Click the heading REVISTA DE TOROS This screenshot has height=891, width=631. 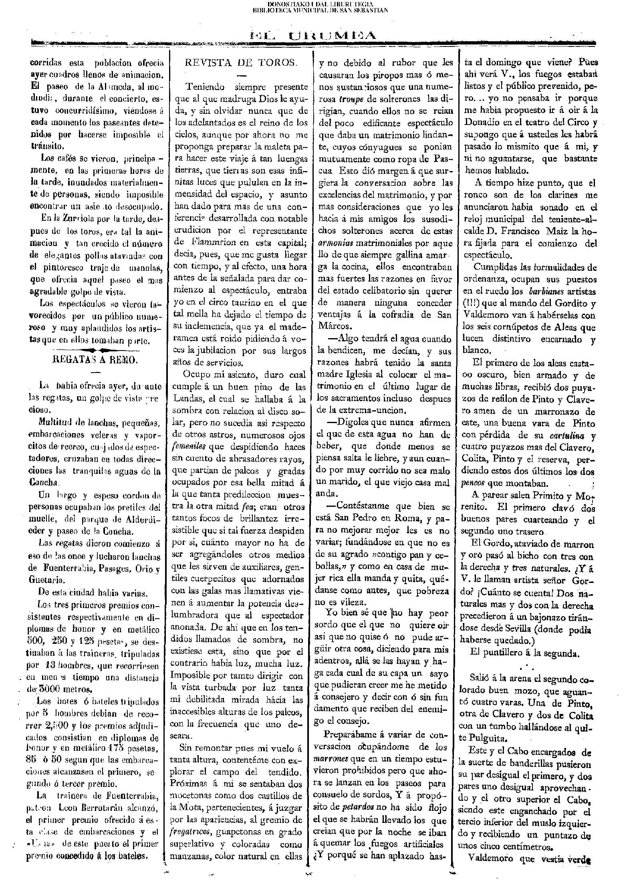pos(241,62)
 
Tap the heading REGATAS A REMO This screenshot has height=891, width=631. pos(95,360)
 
